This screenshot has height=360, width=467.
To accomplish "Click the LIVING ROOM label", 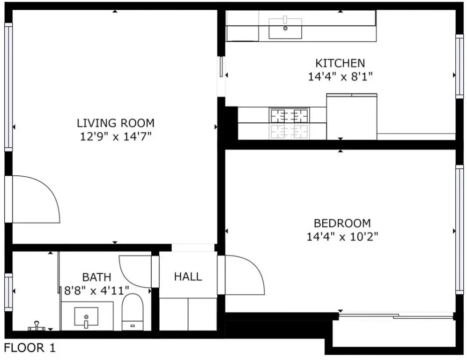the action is click(x=116, y=123).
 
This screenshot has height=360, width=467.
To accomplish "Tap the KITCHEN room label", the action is click(x=340, y=63).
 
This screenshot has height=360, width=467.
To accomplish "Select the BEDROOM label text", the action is click(x=342, y=223).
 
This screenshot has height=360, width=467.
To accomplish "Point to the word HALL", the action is click(x=188, y=277).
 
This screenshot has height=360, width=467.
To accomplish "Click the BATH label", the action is click(x=97, y=277).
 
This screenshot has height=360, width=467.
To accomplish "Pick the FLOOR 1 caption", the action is click(x=30, y=348).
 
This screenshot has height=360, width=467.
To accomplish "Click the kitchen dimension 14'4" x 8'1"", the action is click(x=340, y=77).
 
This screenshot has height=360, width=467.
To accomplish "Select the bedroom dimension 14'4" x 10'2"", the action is click(x=342, y=237).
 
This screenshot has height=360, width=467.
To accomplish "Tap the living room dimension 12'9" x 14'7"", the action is click(x=116, y=136).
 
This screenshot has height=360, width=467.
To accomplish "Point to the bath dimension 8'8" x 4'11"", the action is click(x=96, y=290).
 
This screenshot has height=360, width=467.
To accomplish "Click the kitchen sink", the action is click(x=285, y=29).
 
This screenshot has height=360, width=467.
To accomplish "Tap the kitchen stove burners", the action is click(x=289, y=115).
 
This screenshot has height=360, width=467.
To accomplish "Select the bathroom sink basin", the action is click(x=86, y=317).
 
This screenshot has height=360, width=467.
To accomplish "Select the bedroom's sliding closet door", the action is click(x=396, y=315).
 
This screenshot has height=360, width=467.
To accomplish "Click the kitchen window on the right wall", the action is click(x=460, y=66).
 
